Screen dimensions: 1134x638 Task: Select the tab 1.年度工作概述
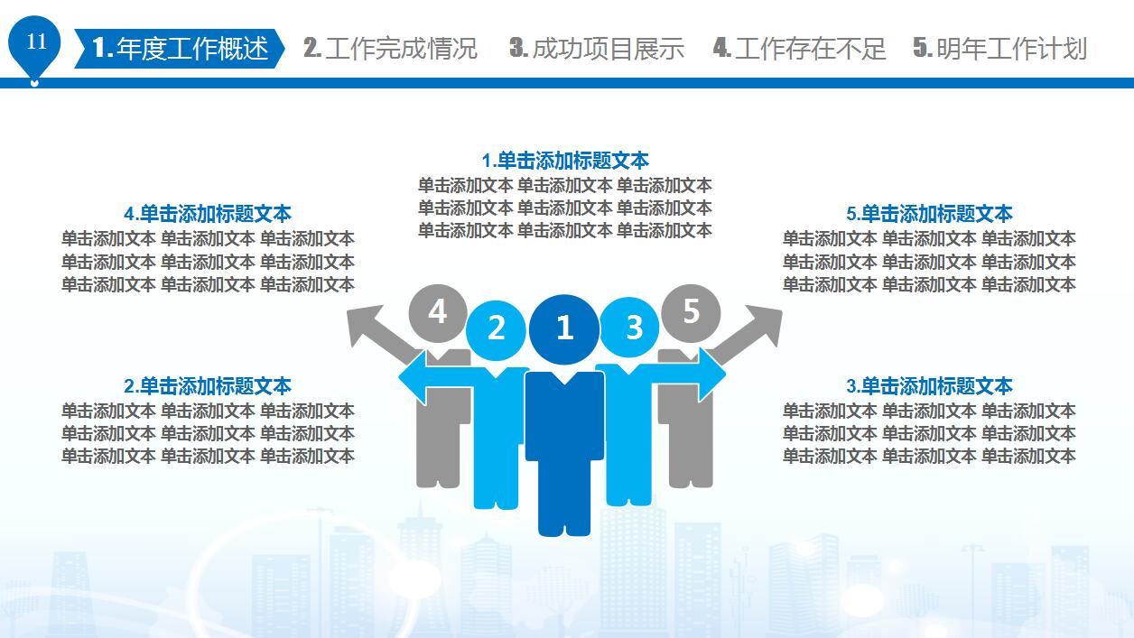[180, 49]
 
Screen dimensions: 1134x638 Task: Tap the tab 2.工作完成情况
[390, 49]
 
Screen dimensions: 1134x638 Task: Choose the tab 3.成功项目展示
[597, 49]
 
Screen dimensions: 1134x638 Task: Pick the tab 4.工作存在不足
[799, 49]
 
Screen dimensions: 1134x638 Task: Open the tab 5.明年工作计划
[999, 49]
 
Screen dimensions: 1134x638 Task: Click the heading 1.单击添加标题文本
[565, 161]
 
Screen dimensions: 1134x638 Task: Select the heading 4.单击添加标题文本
[208, 214]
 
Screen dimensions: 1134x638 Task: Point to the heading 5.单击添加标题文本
[929, 214]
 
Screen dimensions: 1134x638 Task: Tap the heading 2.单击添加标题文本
[208, 386]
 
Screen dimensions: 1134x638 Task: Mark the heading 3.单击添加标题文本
[929, 386]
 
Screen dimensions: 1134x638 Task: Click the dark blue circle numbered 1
[564, 329]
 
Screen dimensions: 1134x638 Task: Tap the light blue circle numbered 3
[629, 328]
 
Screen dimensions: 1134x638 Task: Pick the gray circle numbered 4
[438, 313]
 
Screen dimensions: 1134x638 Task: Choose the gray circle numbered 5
[691, 313]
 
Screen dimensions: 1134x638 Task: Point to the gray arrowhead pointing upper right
[764, 326]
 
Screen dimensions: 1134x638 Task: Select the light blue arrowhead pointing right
[712, 374]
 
